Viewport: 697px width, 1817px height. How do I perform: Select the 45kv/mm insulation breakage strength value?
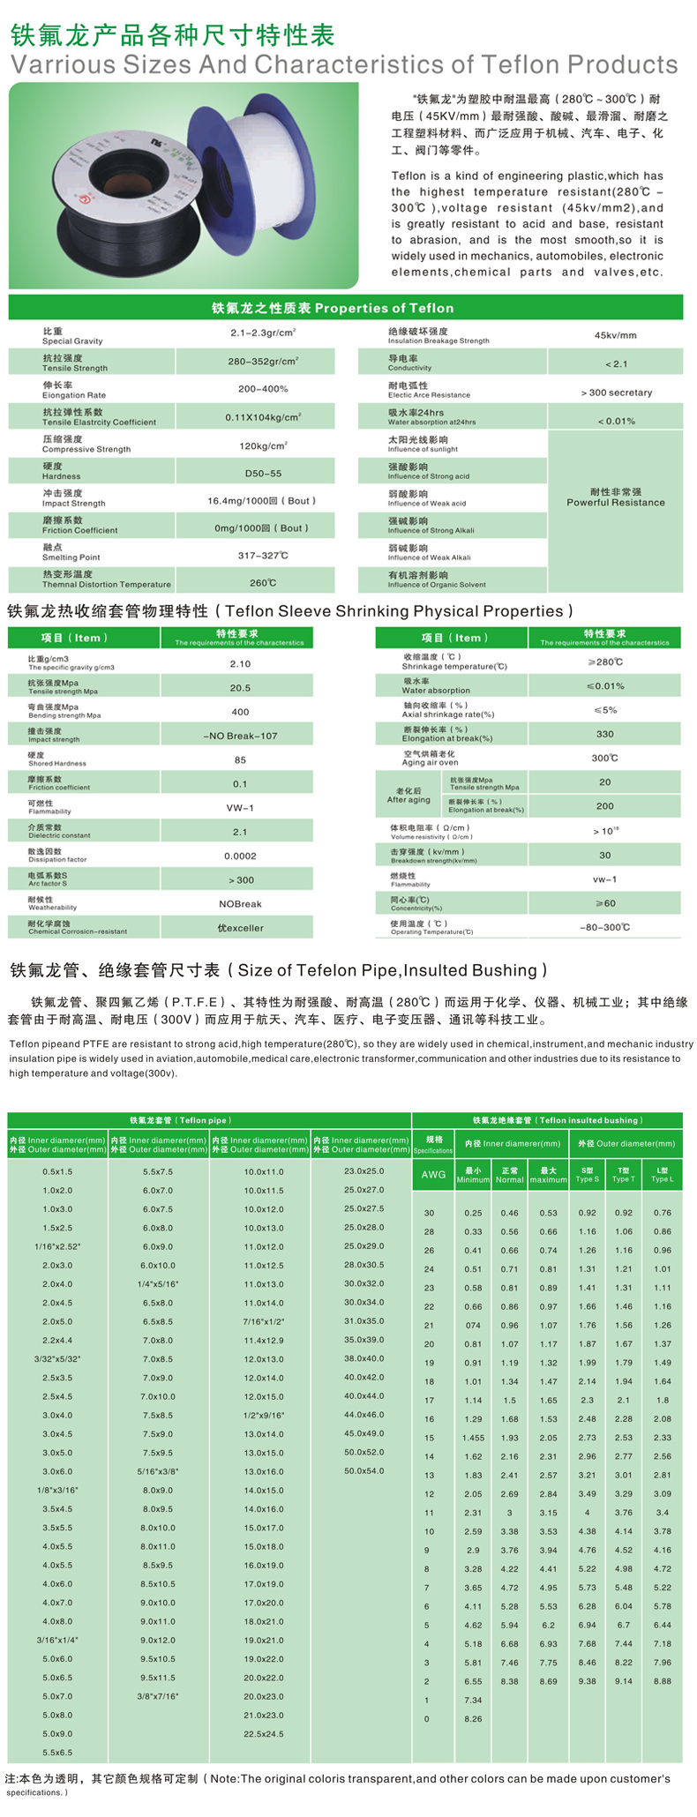615,335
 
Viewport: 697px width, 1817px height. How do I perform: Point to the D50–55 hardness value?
263,474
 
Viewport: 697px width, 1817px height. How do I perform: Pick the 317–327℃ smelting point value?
263,555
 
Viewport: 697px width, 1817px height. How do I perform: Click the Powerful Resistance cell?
615,497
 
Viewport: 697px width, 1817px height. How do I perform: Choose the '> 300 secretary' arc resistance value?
616,393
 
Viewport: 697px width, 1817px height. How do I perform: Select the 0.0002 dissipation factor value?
240,856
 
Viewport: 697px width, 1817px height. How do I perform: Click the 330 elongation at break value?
604,734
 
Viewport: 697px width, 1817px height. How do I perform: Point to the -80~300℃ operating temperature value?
604,927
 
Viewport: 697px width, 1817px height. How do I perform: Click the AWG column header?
433,1175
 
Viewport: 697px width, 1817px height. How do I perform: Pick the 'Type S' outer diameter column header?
587,1175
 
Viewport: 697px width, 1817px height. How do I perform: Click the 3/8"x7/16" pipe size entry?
158,1696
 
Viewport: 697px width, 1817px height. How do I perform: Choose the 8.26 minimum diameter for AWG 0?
473,1719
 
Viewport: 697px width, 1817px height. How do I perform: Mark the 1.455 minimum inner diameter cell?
473,1438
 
